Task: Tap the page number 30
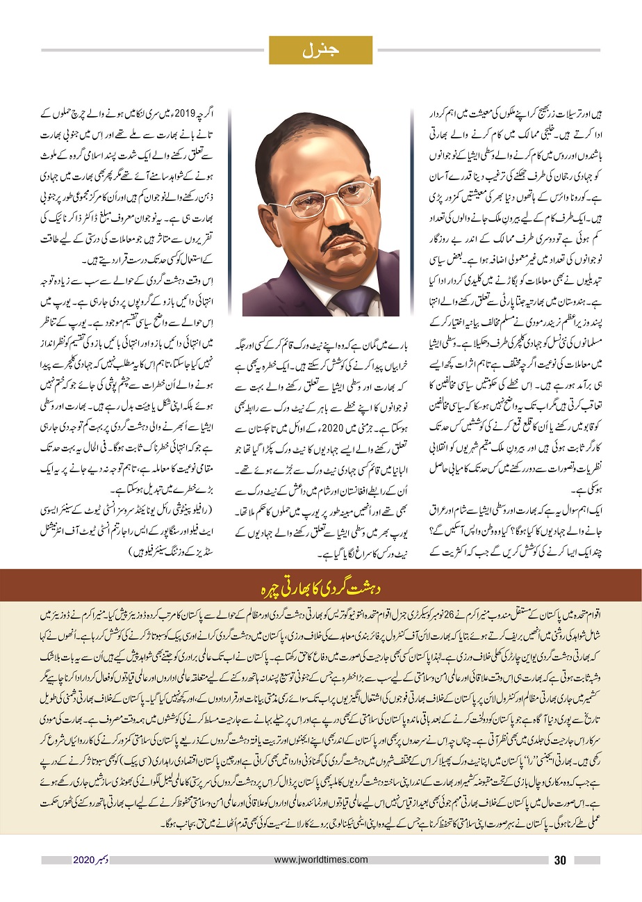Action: click(x=561, y=860)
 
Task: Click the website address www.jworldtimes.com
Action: click(x=321, y=860)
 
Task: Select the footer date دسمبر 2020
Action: click(x=91, y=860)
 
